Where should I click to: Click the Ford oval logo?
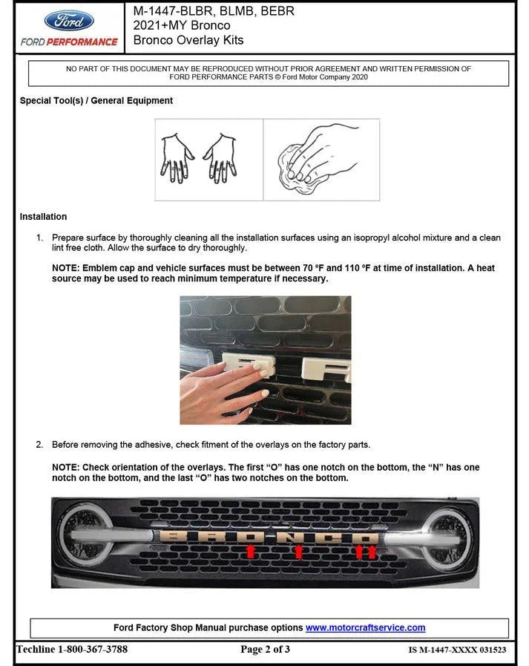pyautogui.click(x=69, y=20)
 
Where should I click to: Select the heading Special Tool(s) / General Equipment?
pyautogui.click(x=96, y=101)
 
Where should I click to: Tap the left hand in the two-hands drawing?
pyautogui.click(x=177, y=157)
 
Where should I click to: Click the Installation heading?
pyautogui.click(x=43, y=217)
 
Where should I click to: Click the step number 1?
pyautogui.click(x=39, y=238)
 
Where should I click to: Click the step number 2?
pyautogui.click(x=39, y=445)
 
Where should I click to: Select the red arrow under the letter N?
pyautogui.click(x=298, y=551)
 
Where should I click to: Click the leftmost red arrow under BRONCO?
pyautogui.click(x=251, y=551)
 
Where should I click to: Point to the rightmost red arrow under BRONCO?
pyautogui.click(x=372, y=551)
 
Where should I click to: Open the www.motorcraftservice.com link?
pyautogui.click(x=365, y=628)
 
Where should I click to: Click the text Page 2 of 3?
pyautogui.click(x=265, y=650)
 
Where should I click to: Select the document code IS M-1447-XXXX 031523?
pyautogui.click(x=457, y=650)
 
